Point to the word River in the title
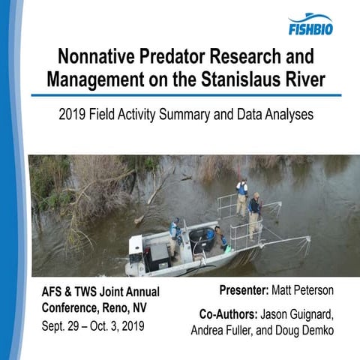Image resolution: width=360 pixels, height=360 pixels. [304, 79]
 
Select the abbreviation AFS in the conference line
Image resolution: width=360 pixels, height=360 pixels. [51, 291]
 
